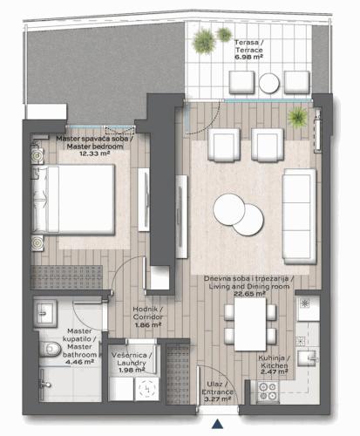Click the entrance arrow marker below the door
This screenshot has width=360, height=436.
click(x=217, y=424)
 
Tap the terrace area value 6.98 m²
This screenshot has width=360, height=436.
click(x=248, y=58)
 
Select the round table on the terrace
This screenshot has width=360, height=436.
click(x=269, y=83)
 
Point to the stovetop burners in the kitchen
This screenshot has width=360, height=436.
click(x=268, y=392)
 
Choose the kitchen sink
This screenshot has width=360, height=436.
click(x=308, y=358)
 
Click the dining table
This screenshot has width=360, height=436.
click(x=250, y=324)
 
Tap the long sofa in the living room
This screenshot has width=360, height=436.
click(x=299, y=216)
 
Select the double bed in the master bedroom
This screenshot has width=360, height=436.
click(x=73, y=199)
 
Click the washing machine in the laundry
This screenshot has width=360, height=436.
click(x=147, y=389)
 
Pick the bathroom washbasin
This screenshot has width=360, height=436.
click(x=45, y=313)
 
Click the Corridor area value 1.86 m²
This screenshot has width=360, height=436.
click(x=148, y=325)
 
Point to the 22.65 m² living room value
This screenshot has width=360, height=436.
click(x=249, y=294)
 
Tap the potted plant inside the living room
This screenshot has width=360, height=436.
click(x=297, y=118)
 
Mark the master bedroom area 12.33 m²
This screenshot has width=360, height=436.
click(x=94, y=153)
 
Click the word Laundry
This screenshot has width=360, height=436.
click(x=132, y=363)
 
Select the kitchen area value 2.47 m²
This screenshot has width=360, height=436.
click(x=275, y=372)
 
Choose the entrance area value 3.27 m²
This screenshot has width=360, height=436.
click(x=218, y=399)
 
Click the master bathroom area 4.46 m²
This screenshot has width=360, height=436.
click(x=79, y=362)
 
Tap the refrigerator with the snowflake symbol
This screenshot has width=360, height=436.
click(x=308, y=309)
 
